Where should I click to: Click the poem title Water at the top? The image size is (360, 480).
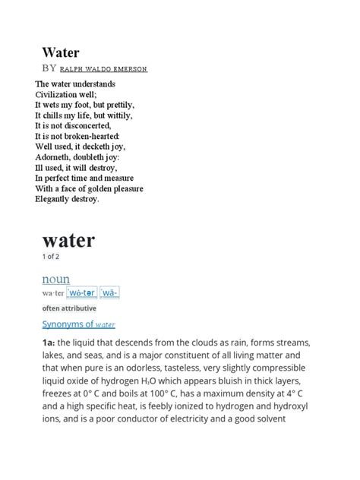60,54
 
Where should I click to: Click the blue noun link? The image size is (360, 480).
55,279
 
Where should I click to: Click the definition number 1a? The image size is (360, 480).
48,344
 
